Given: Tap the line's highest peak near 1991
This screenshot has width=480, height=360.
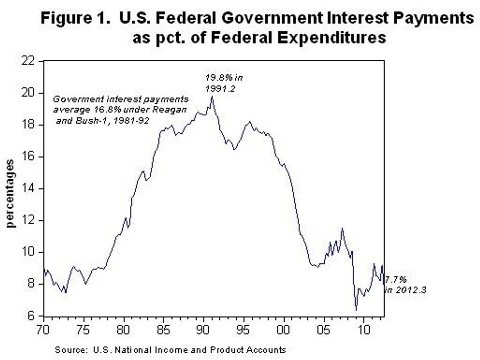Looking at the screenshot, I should (x=212, y=96).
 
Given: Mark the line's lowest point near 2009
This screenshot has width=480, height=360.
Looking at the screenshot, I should (x=356, y=310).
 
